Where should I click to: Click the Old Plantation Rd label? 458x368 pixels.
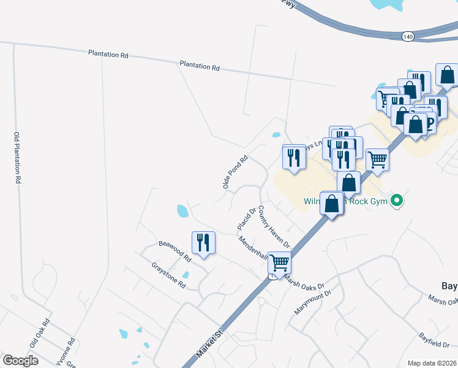(18, 158)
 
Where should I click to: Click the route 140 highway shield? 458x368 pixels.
(408, 37)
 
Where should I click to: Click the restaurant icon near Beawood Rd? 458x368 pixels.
(203, 242)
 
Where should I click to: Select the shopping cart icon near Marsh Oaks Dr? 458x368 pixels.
(280, 263)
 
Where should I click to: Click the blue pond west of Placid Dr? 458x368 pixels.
(182, 212)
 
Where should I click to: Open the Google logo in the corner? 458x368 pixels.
(21, 361)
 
